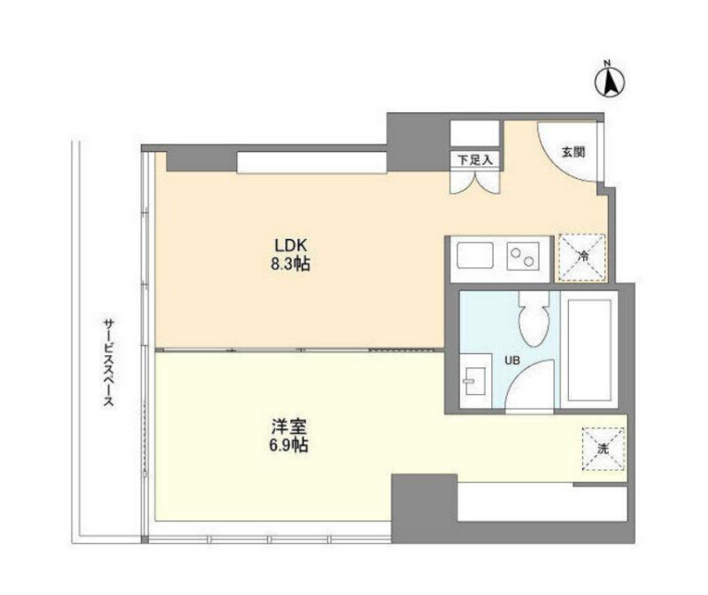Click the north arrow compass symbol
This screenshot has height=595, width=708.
click(609, 81)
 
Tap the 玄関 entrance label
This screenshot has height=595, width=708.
click(573, 152)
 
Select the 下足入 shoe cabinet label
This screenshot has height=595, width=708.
click(474, 159)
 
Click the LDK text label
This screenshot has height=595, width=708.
click(291, 245)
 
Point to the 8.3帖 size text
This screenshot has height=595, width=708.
click(290, 264)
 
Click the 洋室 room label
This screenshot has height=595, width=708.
click(289, 427)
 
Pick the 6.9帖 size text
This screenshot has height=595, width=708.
click(289, 445)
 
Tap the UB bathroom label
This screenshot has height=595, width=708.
click(512, 360)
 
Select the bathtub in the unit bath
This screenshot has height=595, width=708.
click(589, 350)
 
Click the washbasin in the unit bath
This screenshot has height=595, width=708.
click(475, 381)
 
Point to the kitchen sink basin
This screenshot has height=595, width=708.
click(475, 256)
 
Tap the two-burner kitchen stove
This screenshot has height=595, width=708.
click(523, 256)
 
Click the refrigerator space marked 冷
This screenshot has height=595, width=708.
click(582, 258)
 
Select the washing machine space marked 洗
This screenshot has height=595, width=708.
click(604, 449)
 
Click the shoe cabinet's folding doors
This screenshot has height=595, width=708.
click(475, 182)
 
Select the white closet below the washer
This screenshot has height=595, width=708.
click(543, 502)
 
